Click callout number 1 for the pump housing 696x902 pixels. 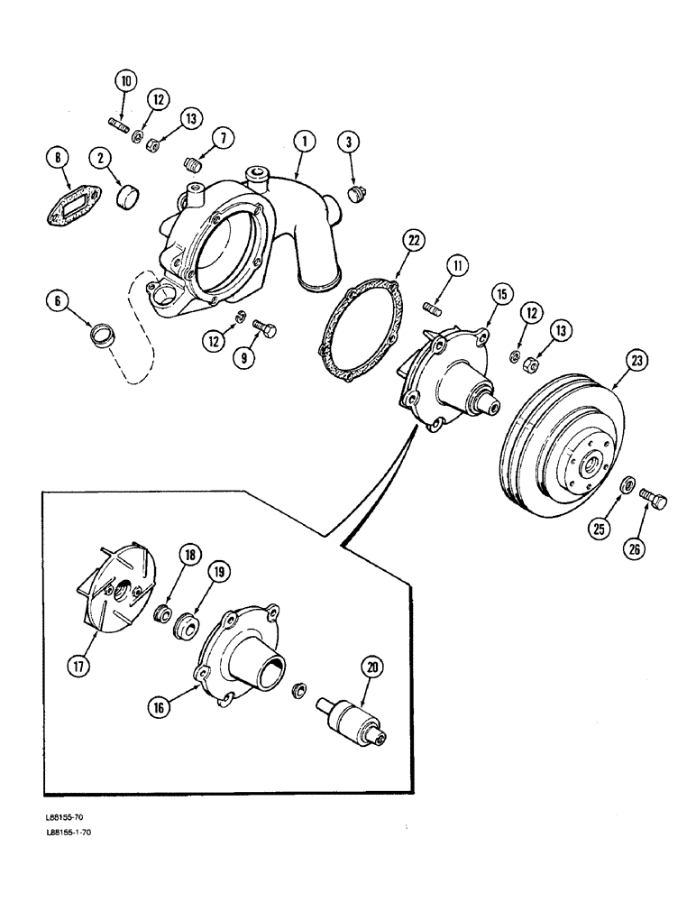pos(305,141)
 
